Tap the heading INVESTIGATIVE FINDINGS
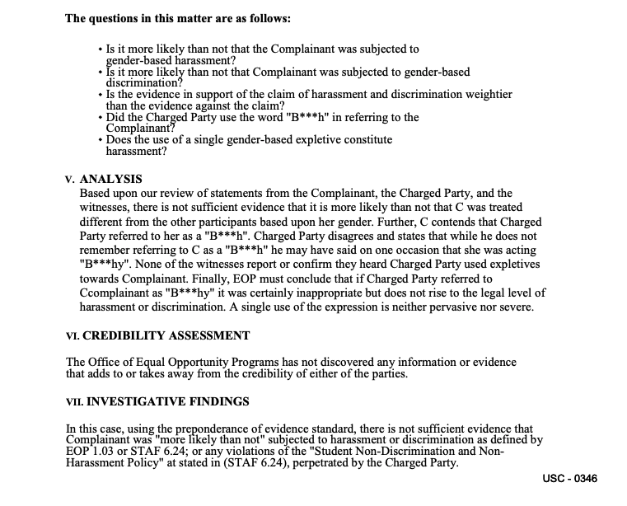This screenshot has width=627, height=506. click(168, 402)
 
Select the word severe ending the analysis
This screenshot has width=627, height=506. click(515, 307)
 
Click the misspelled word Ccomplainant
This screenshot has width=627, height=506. click(118, 293)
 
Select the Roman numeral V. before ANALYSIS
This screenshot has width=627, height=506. click(71, 180)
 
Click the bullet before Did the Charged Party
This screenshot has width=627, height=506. click(100, 118)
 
